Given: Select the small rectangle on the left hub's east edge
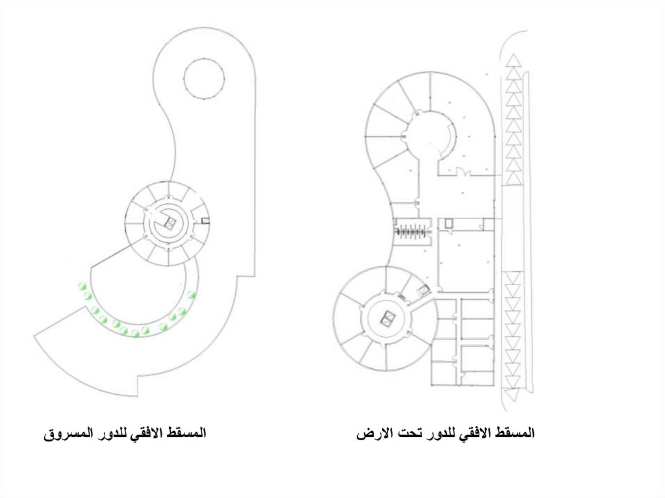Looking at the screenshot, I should (x=205, y=221).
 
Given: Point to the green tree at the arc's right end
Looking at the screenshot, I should (x=192, y=295).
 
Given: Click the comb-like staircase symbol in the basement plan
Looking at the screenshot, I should (x=412, y=230).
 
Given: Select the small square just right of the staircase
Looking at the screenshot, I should (x=447, y=223).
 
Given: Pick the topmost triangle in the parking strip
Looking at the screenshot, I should (x=514, y=60).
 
